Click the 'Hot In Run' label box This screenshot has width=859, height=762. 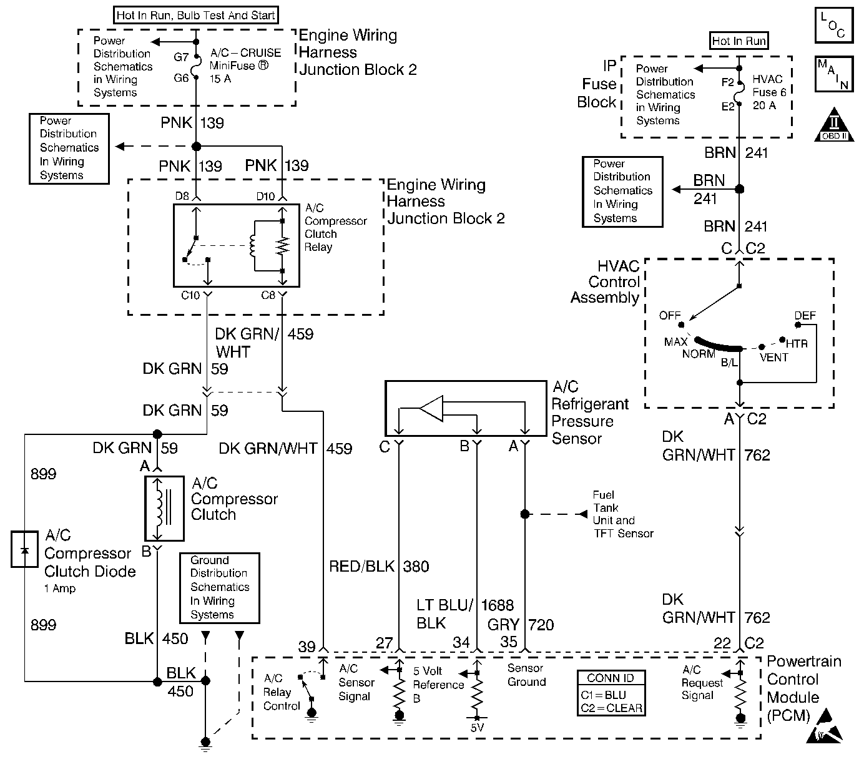pos(739,41)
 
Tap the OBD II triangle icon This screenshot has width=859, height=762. pos(834,125)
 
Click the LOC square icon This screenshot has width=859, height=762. pos(834,26)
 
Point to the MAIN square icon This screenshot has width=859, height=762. pos(834,74)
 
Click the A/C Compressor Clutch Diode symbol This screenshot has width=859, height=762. pos(24,550)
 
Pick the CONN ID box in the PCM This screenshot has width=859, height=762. pos(611,693)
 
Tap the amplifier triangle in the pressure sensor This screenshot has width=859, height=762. pos(431,409)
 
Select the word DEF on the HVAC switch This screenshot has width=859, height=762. pos(805,316)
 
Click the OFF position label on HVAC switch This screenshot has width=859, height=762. pos(670,316)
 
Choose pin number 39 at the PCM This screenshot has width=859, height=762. pos(307,647)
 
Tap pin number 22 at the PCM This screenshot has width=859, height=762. pos(722,643)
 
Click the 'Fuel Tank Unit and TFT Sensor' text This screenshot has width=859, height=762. pos(622,514)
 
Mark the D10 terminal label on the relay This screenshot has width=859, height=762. pos(265,197)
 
